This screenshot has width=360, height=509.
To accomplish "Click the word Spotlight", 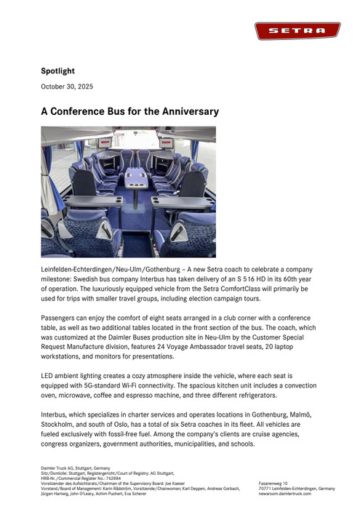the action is [x=57, y=71].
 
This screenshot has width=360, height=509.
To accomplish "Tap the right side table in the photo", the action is [x=181, y=201].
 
